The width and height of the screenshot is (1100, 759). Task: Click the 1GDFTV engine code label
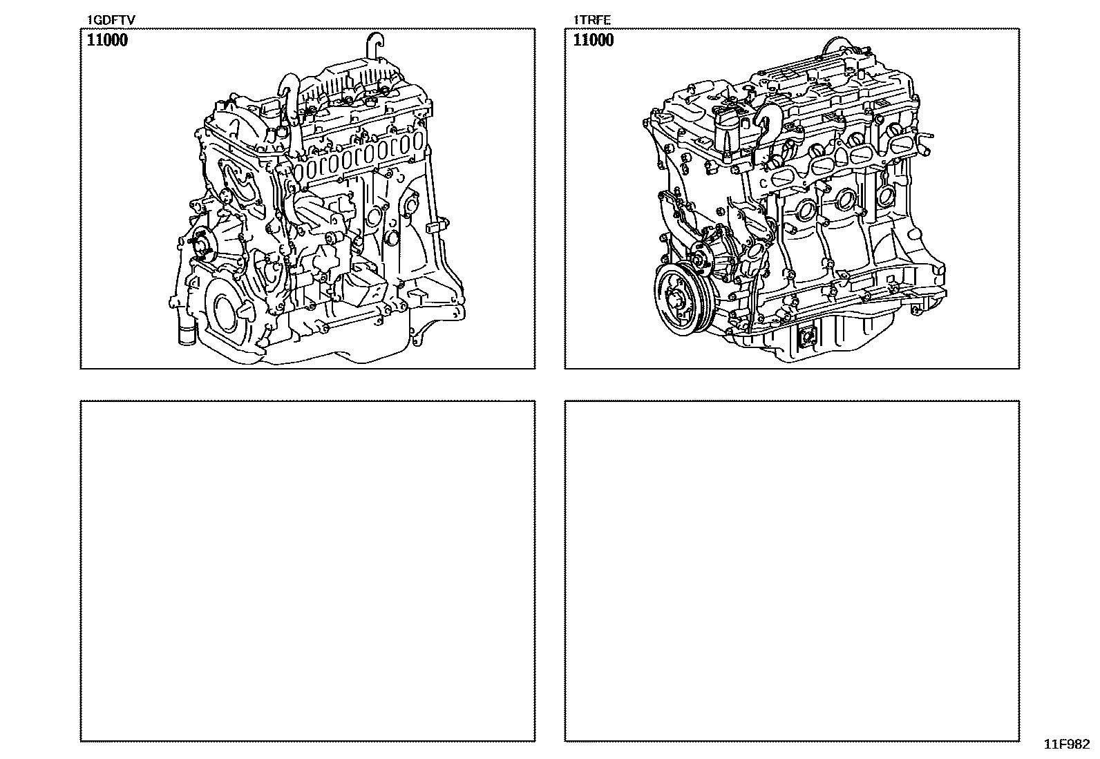(111, 20)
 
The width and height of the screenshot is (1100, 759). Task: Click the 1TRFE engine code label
(591, 20)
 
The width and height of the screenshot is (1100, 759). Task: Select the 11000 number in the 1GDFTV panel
(107, 40)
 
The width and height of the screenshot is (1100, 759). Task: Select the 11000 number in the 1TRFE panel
(594, 40)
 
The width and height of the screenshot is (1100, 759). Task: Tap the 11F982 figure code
(1067, 744)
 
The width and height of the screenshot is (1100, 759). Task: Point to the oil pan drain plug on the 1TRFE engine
(806, 337)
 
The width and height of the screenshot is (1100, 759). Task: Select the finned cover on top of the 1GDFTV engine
(351, 81)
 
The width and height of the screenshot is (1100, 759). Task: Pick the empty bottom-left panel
(308, 570)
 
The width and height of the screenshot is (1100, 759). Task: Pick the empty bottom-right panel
(792, 570)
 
